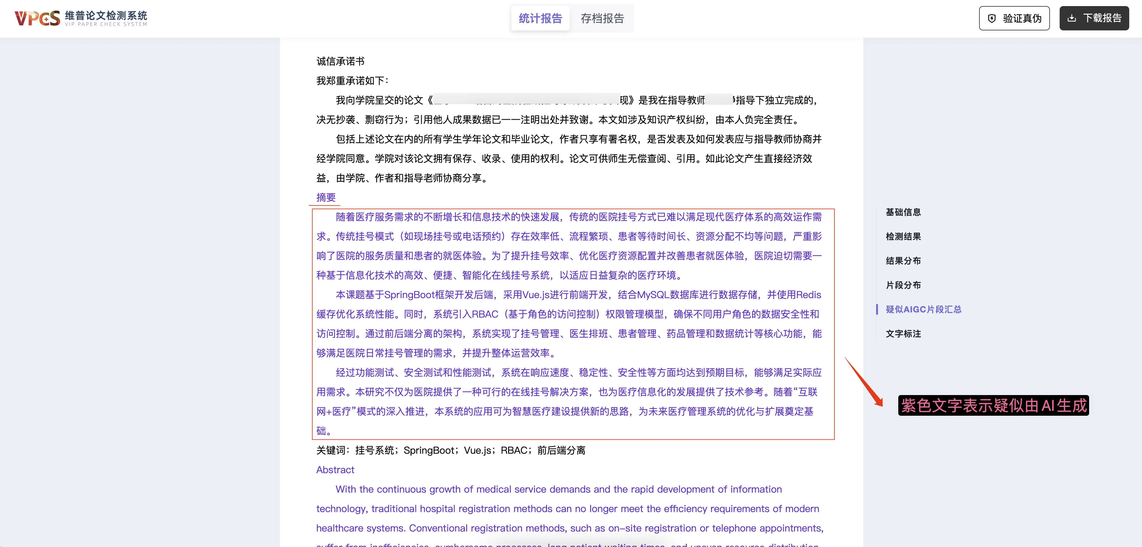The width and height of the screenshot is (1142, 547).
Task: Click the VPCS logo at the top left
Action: click(37, 18)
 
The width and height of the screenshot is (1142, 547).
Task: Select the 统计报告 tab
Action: click(540, 18)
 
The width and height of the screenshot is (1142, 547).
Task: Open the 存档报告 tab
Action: click(602, 18)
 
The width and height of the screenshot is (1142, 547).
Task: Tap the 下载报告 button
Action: click(1094, 18)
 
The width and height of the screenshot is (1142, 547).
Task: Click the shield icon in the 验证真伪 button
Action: click(992, 18)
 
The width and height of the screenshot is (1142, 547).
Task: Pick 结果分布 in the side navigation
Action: click(903, 261)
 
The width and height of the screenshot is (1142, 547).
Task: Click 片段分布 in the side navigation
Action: click(903, 285)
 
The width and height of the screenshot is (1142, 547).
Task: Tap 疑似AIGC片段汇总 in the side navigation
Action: click(924, 309)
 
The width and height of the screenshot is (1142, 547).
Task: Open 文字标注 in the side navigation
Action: click(903, 334)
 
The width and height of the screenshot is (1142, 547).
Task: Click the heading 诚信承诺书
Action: click(340, 61)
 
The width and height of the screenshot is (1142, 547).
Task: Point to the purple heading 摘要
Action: click(326, 197)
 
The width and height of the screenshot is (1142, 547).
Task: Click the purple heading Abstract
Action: click(335, 470)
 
